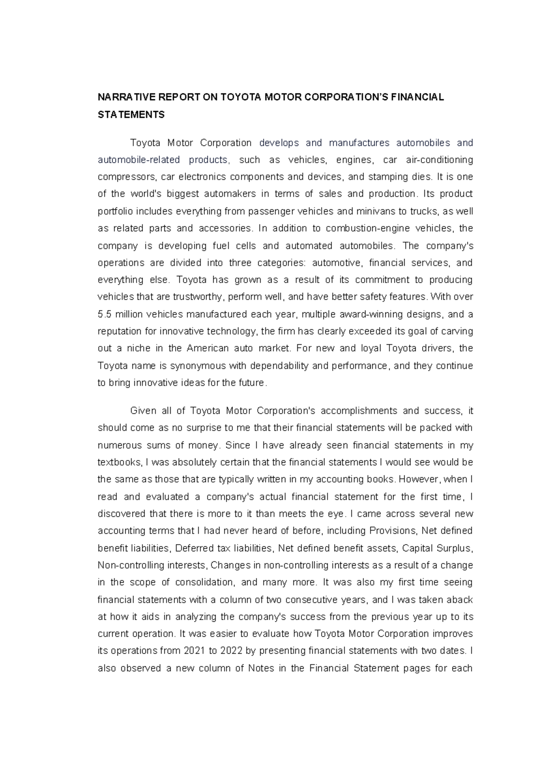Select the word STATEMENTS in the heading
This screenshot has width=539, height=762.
(x=131, y=115)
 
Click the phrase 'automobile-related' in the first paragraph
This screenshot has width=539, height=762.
(x=139, y=160)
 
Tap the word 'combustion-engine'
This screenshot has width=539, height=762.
(x=367, y=228)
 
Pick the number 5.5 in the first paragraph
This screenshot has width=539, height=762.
(x=104, y=314)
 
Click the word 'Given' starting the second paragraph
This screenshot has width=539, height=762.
(x=142, y=411)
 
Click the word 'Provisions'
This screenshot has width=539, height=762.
(x=393, y=531)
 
